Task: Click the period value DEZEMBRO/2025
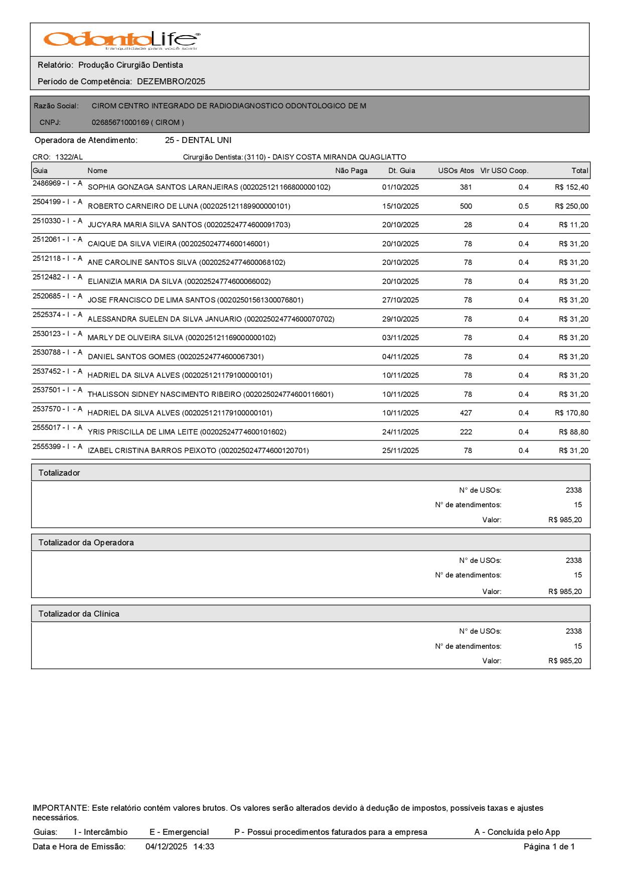(x=171, y=81)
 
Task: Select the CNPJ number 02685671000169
(x=120, y=122)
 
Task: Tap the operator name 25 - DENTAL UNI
(x=198, y=140)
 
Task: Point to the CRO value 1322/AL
(x=69, y=157)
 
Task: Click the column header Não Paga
(x=351, y=171)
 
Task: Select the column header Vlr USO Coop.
(x=504, y=171)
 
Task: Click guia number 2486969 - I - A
(x=57, y=183)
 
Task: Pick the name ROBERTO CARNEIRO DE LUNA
(x=143, y=206)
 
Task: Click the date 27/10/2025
(x=400, y=300)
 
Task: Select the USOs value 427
(x=465, y=413)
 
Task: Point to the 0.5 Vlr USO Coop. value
(x=523, y=206)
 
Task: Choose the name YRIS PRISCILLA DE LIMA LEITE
(x=143, y=432)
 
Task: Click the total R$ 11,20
(x=573, y=225)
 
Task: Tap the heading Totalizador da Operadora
(x=86, y=542)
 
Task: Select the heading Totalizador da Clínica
(x=79, y=614)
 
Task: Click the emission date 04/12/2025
(x=166, y=846)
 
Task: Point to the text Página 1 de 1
(x=549, y=846)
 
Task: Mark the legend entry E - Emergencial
(x=179, y=832)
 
